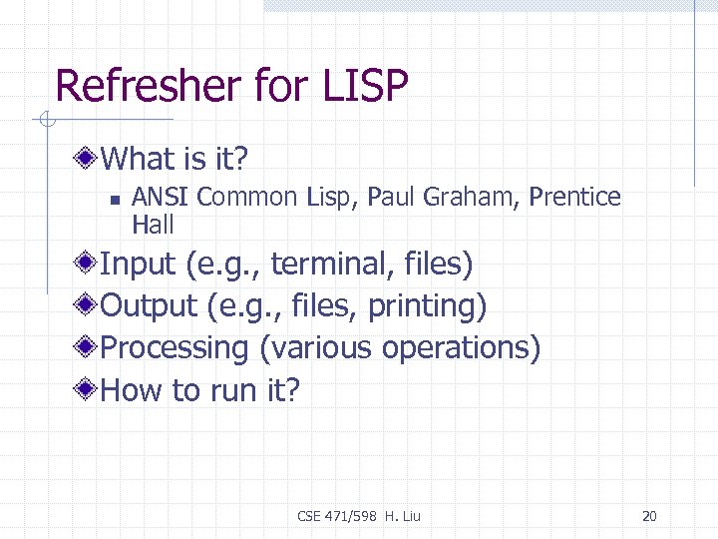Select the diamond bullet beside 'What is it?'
point(89,158)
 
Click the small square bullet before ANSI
point(115,200)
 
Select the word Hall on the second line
point(153,225)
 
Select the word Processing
point(175,348)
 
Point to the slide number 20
point(649,516)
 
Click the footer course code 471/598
point(351,516)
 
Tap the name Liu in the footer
point(410,516)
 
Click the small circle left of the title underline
point(46,121)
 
